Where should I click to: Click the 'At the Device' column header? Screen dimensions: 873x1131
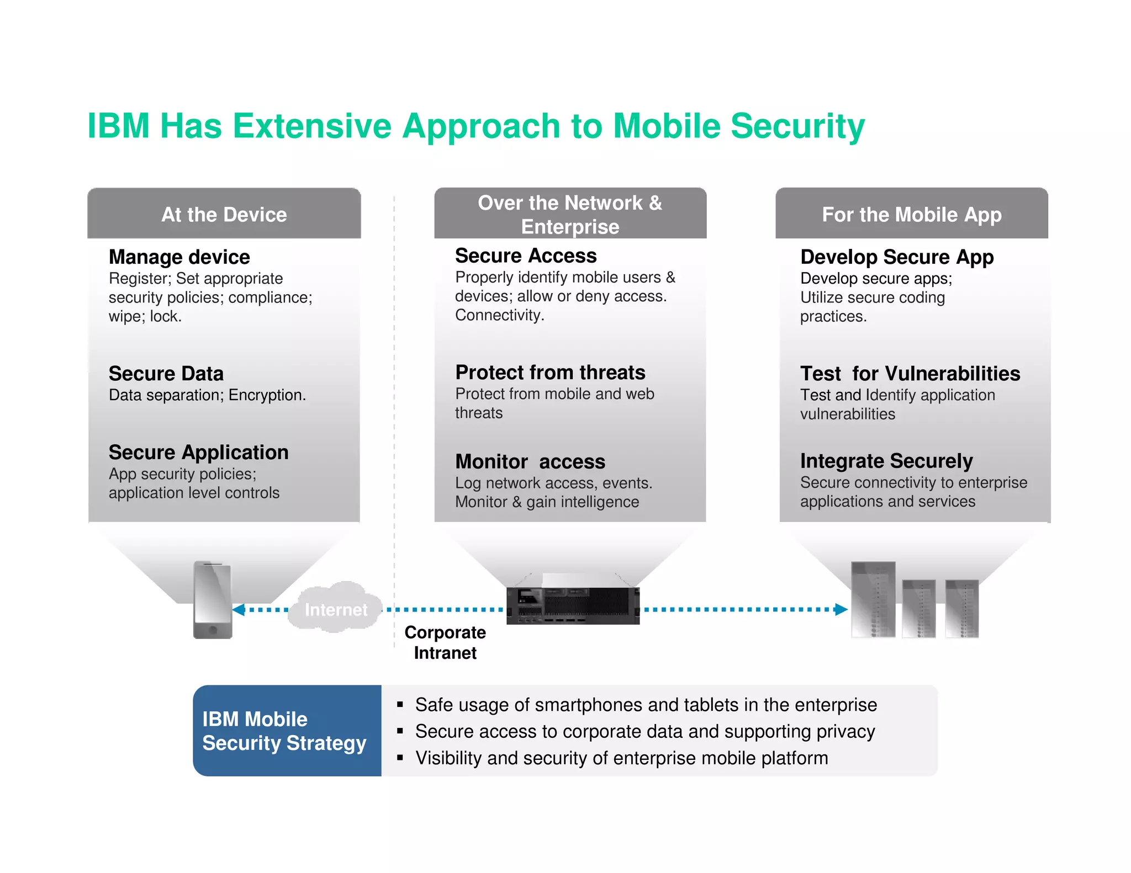coord(224,214)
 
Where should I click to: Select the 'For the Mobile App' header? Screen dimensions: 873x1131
coord(911,214)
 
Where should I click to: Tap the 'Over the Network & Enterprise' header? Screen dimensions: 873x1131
coord(570,214)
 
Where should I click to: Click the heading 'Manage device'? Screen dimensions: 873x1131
coord(179,257)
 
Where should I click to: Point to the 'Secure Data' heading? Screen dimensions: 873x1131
coord(166,374)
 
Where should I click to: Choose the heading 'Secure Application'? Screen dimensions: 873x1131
coord(198,453)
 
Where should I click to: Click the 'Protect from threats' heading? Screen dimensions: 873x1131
coord(550,372)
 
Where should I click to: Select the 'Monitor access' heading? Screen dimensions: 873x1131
coord(530,461)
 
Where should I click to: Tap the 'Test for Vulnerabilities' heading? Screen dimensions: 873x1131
coord(910,374)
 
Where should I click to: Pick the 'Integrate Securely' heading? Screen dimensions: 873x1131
coord(886,461)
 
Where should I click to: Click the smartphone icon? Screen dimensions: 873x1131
coord(213,600)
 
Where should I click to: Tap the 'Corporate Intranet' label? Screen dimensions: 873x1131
coord(445,642)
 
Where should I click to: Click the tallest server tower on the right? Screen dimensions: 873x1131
coord(873,599)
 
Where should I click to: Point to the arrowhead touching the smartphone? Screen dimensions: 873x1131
coord(239,610)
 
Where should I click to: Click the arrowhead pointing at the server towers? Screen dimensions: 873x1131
coord(841,609)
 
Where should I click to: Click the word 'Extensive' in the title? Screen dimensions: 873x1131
coord(312,126)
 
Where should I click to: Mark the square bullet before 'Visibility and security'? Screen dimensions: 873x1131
coord(400,758)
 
